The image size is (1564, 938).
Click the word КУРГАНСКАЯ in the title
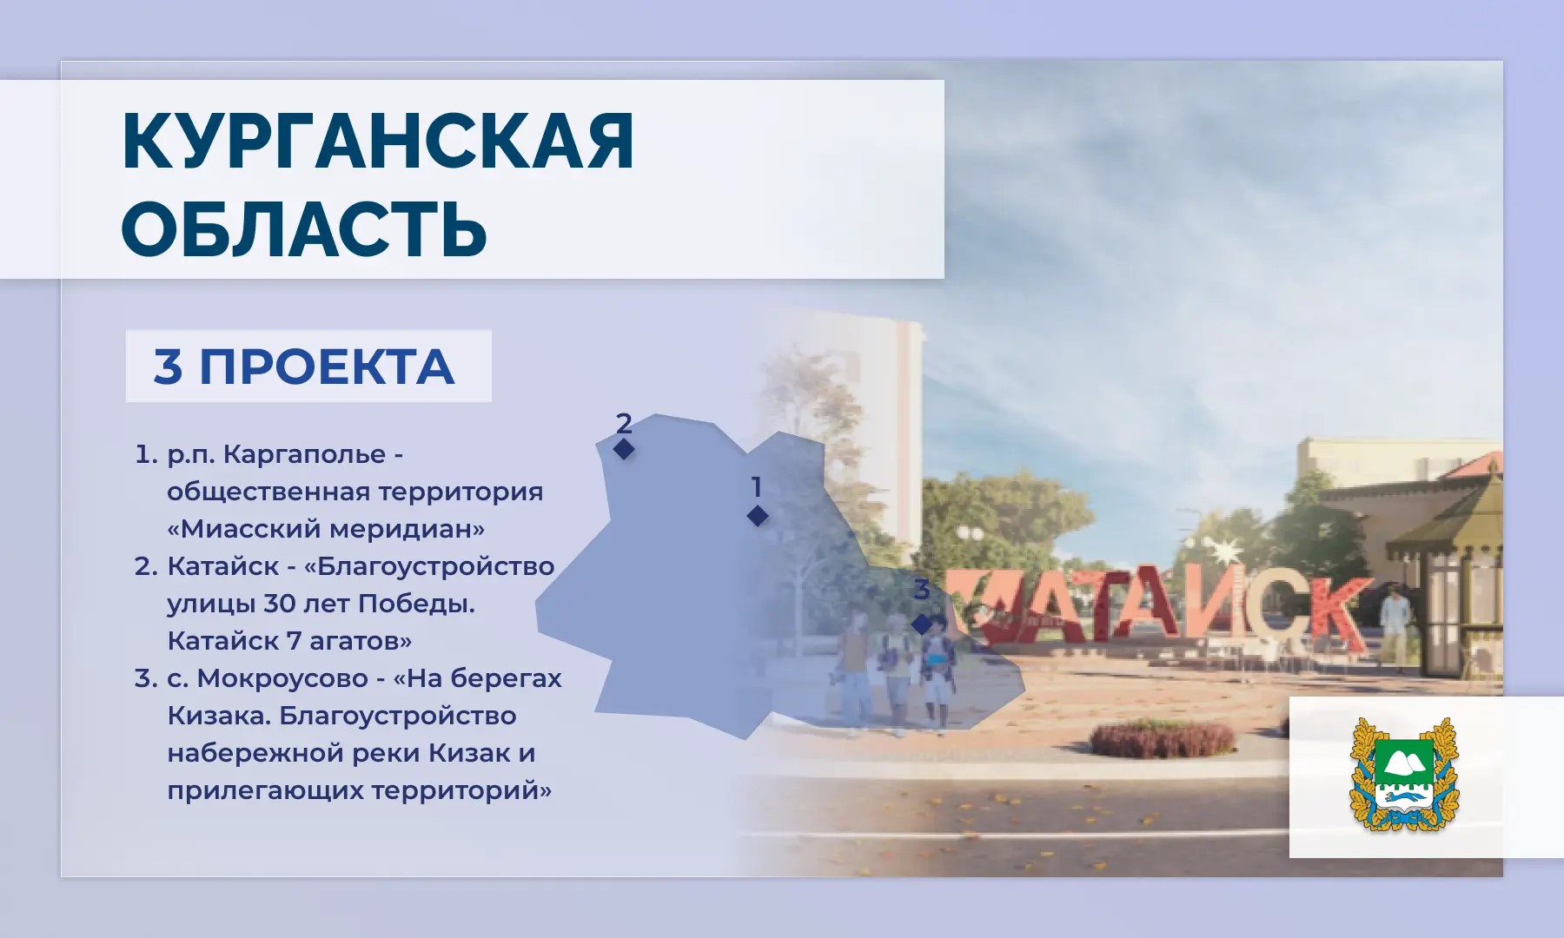(378, 142)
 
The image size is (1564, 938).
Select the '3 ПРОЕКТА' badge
(308, 366)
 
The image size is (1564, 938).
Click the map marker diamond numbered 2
(624, 449)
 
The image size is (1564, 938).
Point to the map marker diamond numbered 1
(758, 516)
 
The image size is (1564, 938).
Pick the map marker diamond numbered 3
(922, 624)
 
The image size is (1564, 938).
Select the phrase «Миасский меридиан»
(326, 529)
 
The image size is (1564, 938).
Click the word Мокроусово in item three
(282, 678)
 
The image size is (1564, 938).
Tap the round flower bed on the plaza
(1162, 739)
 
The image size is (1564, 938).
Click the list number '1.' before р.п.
(147, 454)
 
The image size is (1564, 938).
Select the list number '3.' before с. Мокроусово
(146, 678)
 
